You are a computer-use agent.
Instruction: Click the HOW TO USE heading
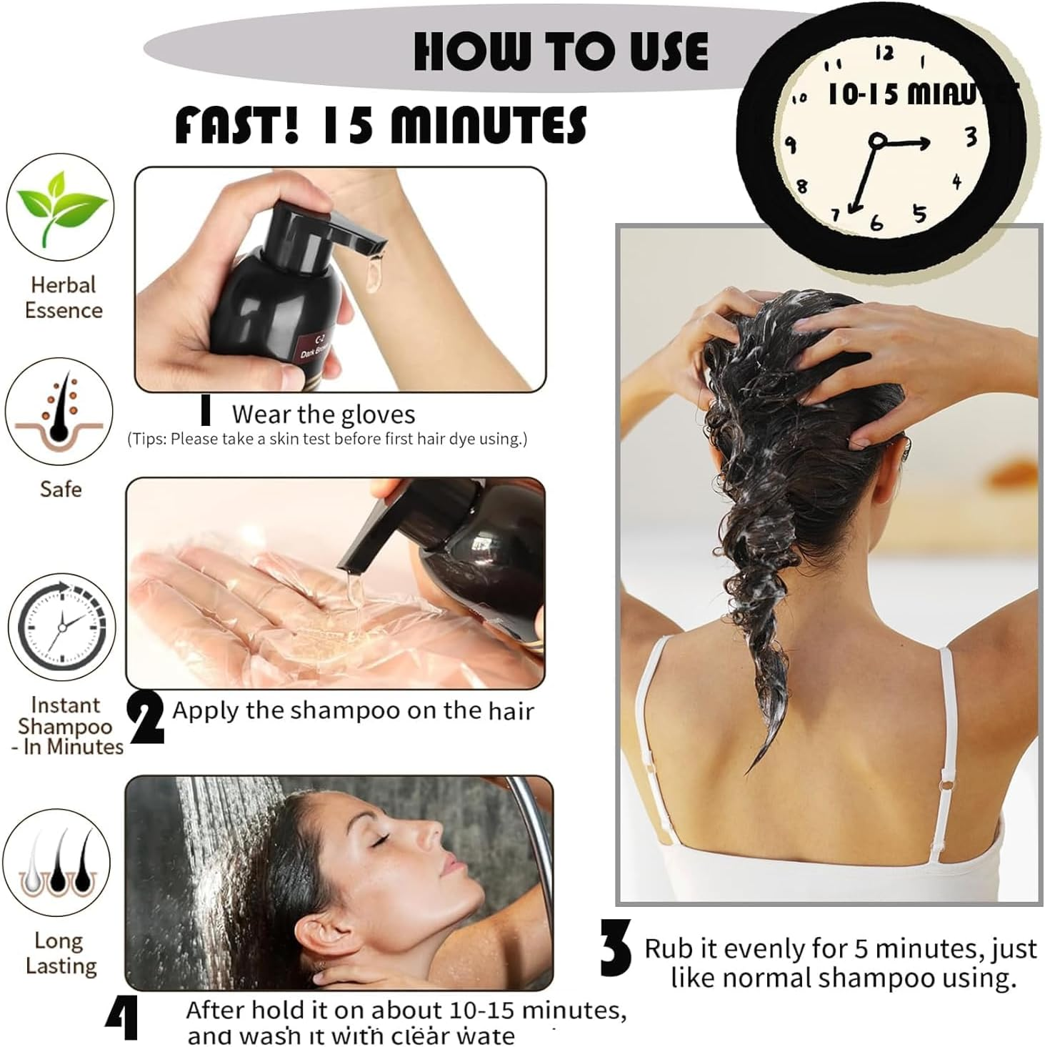(x=561, y=51)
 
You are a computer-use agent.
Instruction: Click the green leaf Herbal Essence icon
(x=62, y=207)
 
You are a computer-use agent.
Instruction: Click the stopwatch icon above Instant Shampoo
(x=62, y=627)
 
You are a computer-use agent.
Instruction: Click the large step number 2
(x=146, y=719)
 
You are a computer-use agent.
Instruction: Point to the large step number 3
(x=616, y=948)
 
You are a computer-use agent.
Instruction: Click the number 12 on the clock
(x=884, y=53)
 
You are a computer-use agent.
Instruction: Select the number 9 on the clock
(x=791, y=144)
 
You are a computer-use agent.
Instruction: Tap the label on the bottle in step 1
(x=314, y=349)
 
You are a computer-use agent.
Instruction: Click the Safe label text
(x=61, y=490)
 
